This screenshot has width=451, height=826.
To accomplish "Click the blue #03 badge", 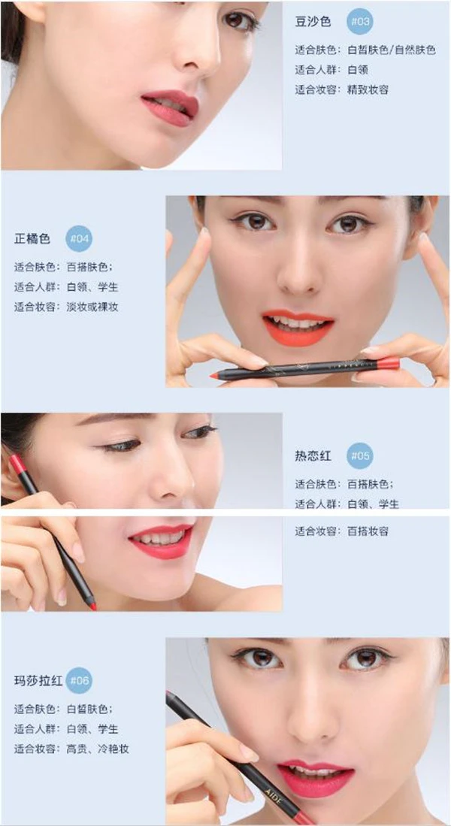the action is point(360,22).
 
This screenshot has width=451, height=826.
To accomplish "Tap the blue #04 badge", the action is point(80,238).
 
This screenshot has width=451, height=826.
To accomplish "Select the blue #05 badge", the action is point(360,455).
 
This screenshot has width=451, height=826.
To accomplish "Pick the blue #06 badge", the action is point(80,680).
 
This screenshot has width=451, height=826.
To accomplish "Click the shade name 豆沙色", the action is point(313,22).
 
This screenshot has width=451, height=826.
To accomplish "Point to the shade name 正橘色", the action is point(32,239).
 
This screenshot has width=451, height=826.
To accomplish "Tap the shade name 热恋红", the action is point(313,455).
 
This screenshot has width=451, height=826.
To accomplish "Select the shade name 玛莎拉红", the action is point(38,680).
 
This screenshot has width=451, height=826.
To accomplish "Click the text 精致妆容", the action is point(368,89).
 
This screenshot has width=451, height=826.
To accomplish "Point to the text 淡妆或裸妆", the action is point(92,307).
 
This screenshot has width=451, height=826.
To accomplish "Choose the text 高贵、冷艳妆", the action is point(98,749).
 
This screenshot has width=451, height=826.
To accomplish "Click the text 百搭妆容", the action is point(368,531).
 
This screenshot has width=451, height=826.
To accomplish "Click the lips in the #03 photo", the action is point(170,107).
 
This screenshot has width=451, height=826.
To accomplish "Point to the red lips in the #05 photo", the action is point(160,541).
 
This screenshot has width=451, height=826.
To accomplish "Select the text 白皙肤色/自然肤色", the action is point(391,50).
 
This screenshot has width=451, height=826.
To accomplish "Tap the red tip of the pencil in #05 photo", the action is point(93,607).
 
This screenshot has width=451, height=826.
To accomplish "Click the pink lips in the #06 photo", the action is point(316,778).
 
